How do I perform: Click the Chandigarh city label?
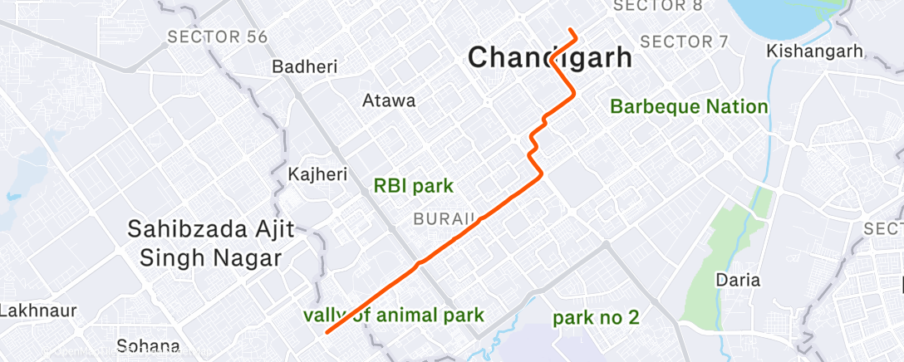click(x=549, y=58)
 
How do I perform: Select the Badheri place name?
click(x=305, y=67)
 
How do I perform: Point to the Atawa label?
click(x=389, y=101)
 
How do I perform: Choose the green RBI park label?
click(x=414, y=186)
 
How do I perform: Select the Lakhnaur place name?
click(x=38, y=311)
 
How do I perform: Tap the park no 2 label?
click(x=597, y=317)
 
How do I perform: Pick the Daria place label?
click(x=737, y=280)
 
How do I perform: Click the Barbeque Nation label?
click(x=689, y=106)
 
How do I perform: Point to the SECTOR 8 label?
click(x=657, y=7)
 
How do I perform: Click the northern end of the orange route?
click(x=572, y=31)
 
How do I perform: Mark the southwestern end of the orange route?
click(x=327, y=332)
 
